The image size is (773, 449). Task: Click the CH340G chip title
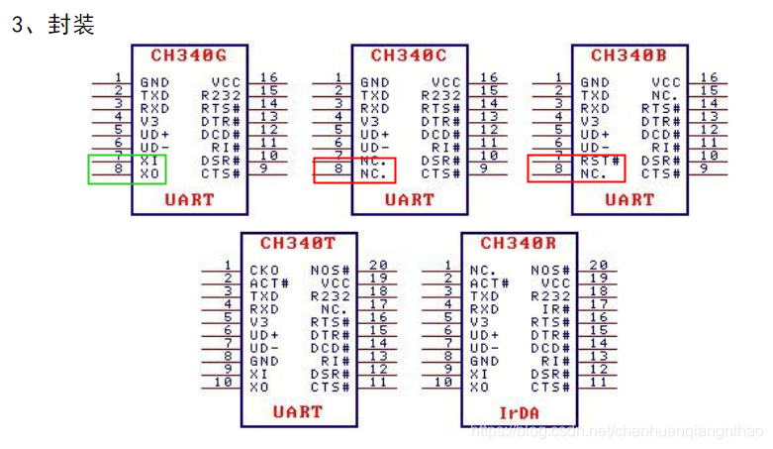(189, 56)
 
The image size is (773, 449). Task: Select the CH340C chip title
(409, 56)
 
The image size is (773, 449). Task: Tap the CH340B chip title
(628, 56)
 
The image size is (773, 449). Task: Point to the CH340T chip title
(298, 243)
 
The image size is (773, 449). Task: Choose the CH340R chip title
(518, 243)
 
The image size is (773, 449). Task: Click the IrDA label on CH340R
(518, 410)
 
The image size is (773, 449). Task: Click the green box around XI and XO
(127, 168)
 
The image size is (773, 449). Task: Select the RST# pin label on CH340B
(601, 161)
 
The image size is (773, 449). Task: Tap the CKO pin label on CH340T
(264, 270)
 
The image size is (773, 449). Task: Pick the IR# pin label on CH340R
(556, 308)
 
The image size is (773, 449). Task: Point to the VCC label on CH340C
(446, 83)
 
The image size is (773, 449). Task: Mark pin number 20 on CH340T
(378, 265)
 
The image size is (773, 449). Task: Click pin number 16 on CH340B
(709, 77)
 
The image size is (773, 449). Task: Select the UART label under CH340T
(298, 410)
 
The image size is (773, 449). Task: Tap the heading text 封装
(69, 25)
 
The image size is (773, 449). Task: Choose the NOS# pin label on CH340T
(330, 270)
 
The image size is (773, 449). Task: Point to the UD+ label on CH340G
(154, 135)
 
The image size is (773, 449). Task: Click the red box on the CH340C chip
(353, 169)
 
